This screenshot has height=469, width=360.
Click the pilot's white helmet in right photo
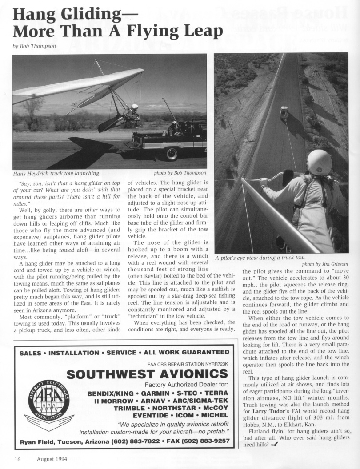click(319, 162)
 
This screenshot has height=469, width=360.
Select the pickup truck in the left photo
click(171, 139)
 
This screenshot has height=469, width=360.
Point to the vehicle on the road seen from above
click(284, 112)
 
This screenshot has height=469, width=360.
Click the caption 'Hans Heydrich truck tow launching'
click(56, 173)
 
